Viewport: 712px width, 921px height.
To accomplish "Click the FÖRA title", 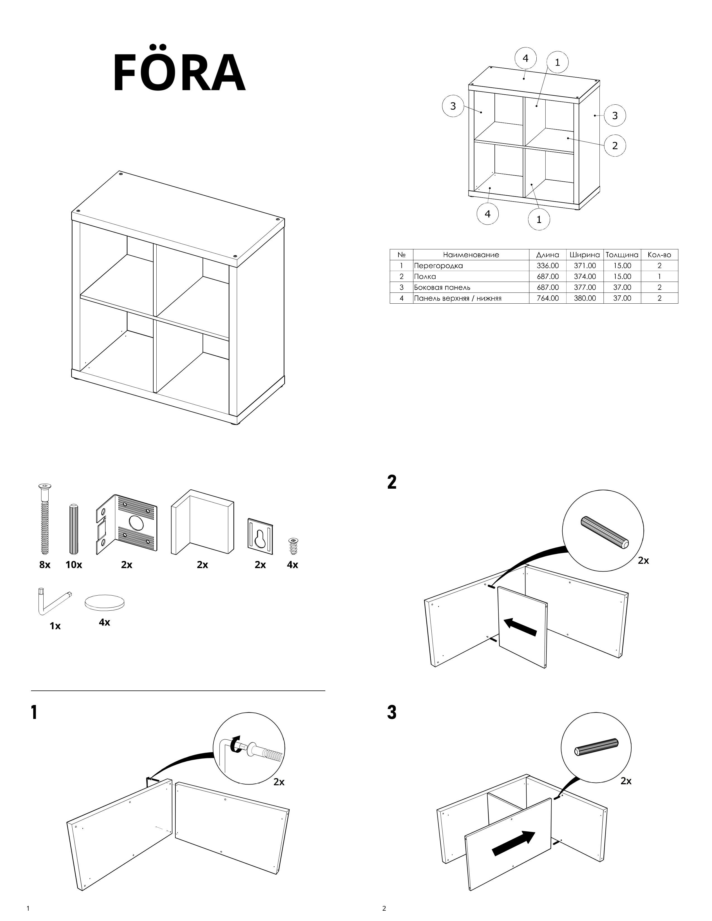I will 179,73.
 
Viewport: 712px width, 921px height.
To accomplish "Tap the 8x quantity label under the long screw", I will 45,565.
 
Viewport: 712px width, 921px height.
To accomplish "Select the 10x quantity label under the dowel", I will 74,565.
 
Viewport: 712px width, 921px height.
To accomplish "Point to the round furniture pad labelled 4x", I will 105,602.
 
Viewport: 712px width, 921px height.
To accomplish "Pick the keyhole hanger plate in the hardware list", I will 260,536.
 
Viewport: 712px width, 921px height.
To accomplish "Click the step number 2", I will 392,482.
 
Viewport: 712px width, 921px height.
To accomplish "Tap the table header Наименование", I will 471,255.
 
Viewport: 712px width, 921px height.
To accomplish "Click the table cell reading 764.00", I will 548,298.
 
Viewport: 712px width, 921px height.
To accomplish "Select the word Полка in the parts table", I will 425,277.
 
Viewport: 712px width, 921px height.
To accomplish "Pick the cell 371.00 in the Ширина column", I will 585,266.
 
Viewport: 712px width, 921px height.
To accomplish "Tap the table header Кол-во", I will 659,255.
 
